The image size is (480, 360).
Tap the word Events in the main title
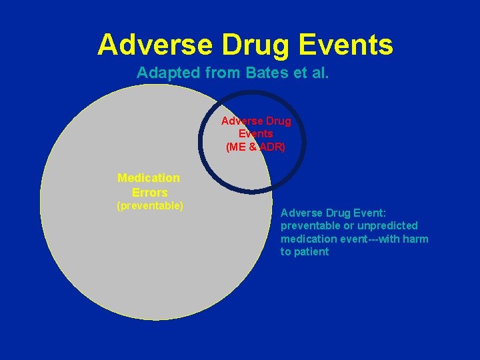click(x=347, y=45)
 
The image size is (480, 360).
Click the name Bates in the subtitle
click(x=266, y=73)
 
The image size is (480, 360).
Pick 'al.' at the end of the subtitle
click(x=319, y=73)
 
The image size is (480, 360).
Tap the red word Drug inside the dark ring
click(x=278, y=121)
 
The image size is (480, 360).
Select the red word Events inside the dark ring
click(x=256, y=134)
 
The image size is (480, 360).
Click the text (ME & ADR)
click(x=256, y=147)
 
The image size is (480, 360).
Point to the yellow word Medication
click(x=149, y=178)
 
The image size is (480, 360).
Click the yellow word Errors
click(x=149, y=193)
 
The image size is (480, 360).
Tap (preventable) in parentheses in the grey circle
click(x=150, y=206)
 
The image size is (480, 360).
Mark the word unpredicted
click(x=389, y=225)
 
